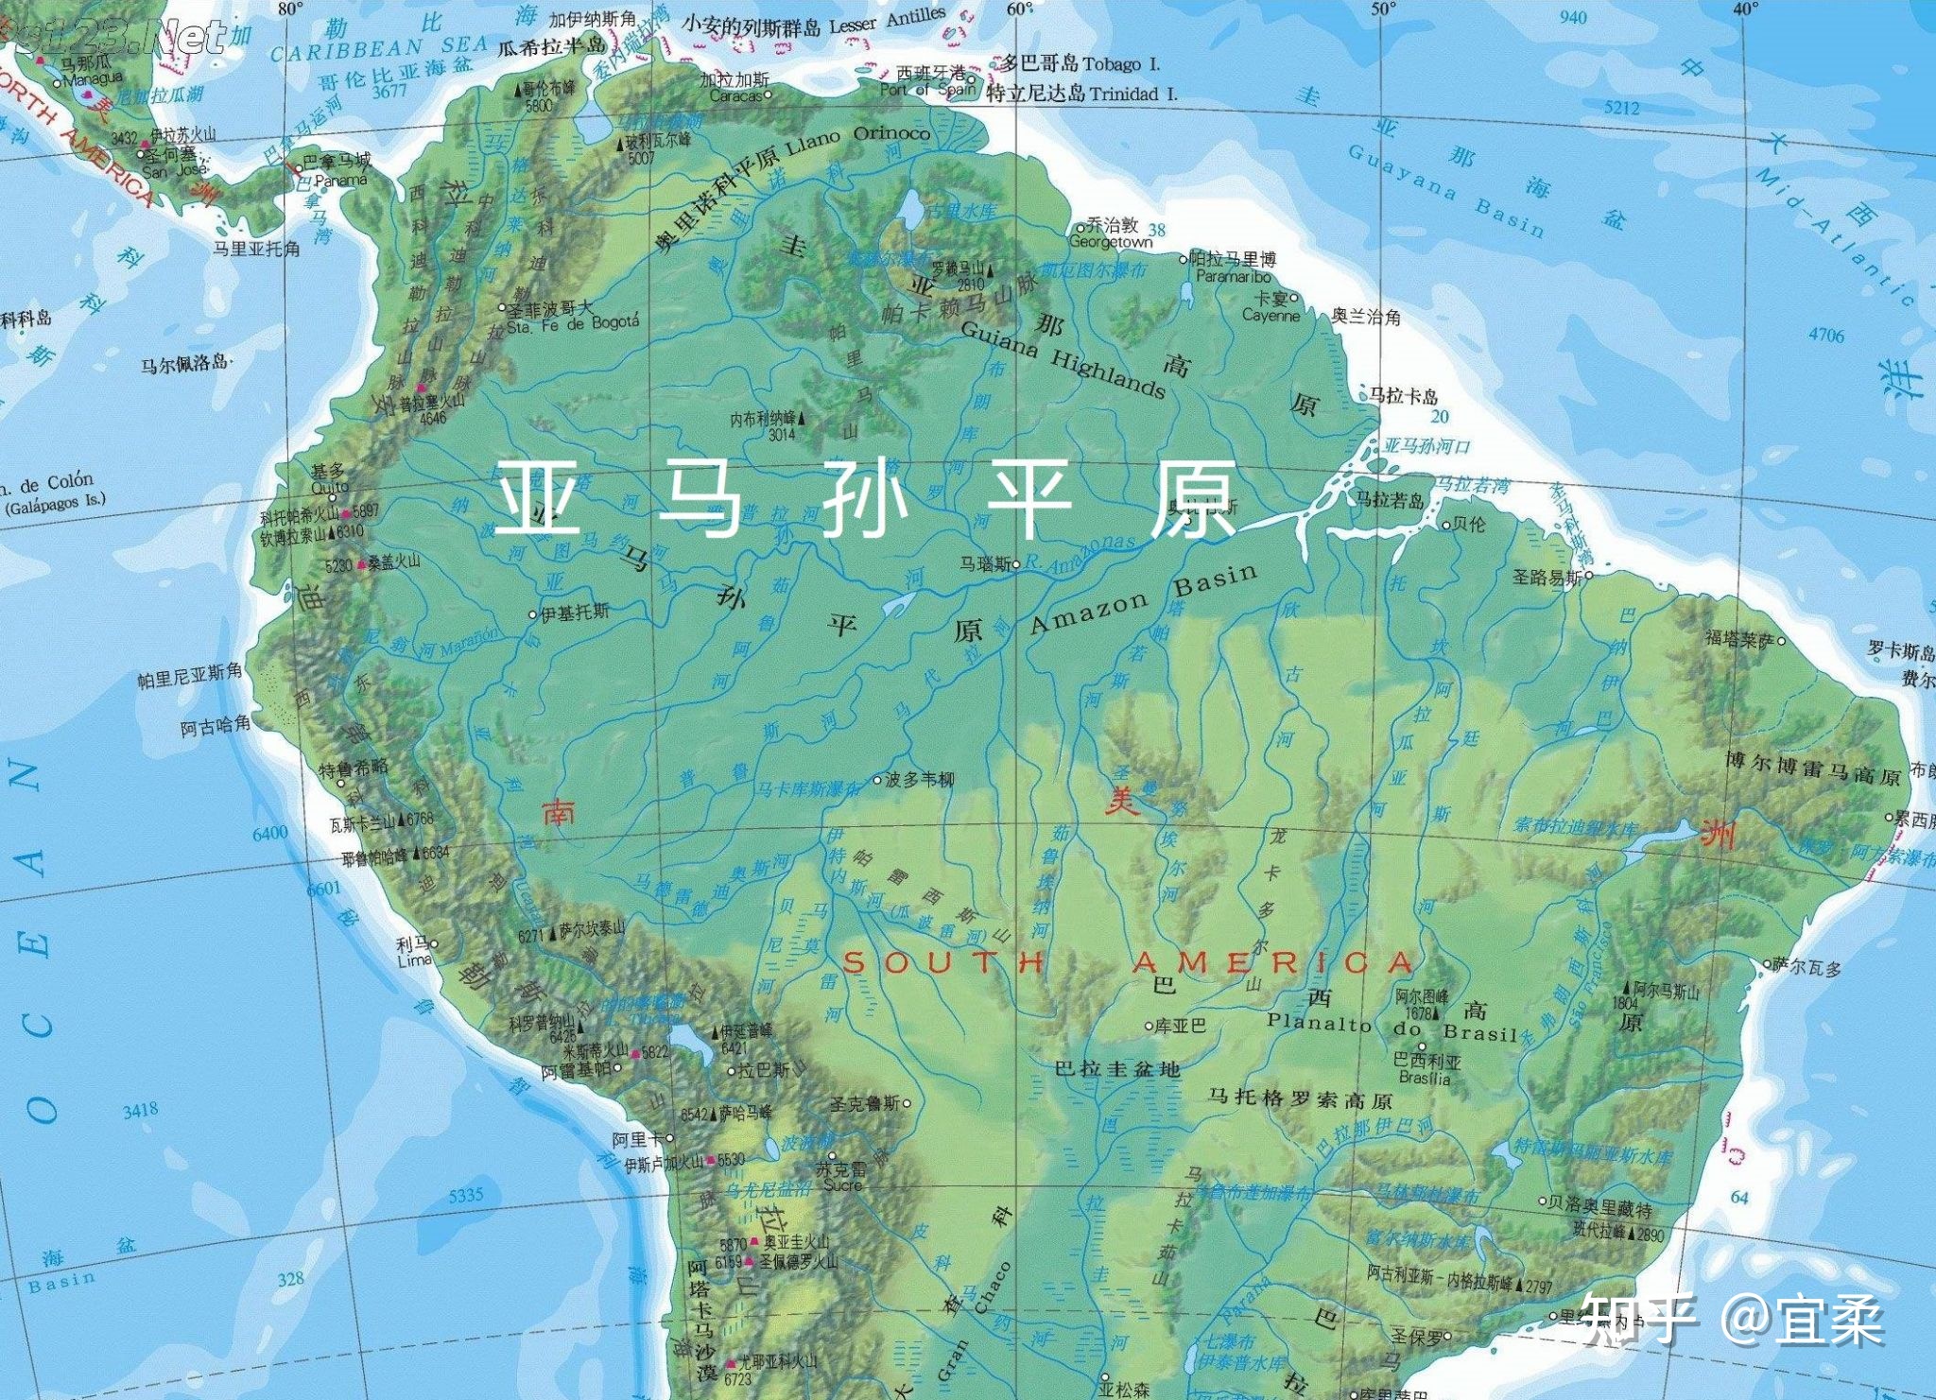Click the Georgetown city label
(1111, 242)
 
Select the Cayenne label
(1270, 316)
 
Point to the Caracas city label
(735, 95)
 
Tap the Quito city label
(330, 488)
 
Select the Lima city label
(414, 960)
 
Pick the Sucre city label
(841, 1184)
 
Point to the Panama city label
(340, 180)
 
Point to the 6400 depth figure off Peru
(269, 833)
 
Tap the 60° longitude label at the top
(1019, 9)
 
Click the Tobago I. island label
(1121, 64)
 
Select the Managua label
(93, 78)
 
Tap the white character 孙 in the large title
(865, 498)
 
